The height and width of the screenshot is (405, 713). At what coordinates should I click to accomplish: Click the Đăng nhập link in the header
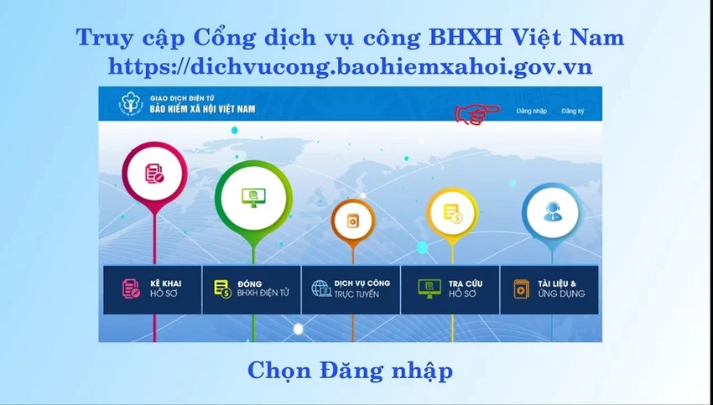[532, 111]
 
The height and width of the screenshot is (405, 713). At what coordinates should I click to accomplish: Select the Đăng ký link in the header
[572, 111]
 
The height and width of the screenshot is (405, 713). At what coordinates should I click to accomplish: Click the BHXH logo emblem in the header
[131, 104]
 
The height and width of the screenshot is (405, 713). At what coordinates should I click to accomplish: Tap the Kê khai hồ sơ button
[153, 289]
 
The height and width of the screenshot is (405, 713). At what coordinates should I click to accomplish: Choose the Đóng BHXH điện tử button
[252, 289]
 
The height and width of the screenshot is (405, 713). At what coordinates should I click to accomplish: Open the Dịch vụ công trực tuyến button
[351, 289]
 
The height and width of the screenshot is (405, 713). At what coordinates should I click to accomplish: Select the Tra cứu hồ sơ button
[450, 289]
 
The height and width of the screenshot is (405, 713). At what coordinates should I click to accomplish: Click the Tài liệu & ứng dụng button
[549, 289]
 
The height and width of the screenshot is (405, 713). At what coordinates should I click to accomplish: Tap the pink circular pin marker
[154, 175]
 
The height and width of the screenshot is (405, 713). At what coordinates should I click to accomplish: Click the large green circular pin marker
[253, 199]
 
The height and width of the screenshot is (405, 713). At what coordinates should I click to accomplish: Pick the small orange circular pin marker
[353, 222]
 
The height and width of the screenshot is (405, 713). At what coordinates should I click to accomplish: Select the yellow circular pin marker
[452, 214]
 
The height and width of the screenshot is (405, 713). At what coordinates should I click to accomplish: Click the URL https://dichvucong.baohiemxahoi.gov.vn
[350, 67]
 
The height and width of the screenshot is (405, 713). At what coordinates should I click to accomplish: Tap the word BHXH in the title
[465, 37]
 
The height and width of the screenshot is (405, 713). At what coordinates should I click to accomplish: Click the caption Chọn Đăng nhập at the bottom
[350, 371]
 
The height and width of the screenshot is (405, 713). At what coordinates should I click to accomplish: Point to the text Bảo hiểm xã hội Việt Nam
[202, 109]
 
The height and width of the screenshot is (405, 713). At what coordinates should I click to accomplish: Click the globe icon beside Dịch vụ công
[321, 288]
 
